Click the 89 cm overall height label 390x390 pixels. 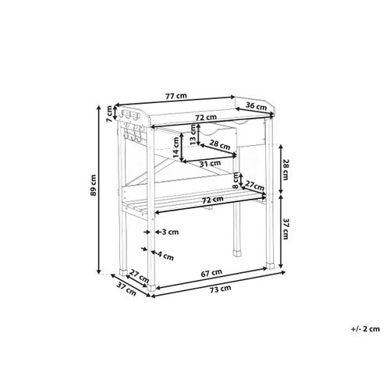pos(94,185)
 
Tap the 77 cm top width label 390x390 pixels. pos(176,96)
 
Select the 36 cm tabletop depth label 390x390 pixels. pos(256,106)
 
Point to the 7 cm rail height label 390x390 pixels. pos(109,114)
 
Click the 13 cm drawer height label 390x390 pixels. pos(193,134)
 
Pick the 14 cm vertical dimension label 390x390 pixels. pos(176,147)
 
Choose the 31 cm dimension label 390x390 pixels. pos(210,164)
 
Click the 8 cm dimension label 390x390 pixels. pos(236,180)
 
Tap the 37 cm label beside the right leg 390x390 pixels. pos(285,229)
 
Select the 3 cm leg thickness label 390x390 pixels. pos(170,232)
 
